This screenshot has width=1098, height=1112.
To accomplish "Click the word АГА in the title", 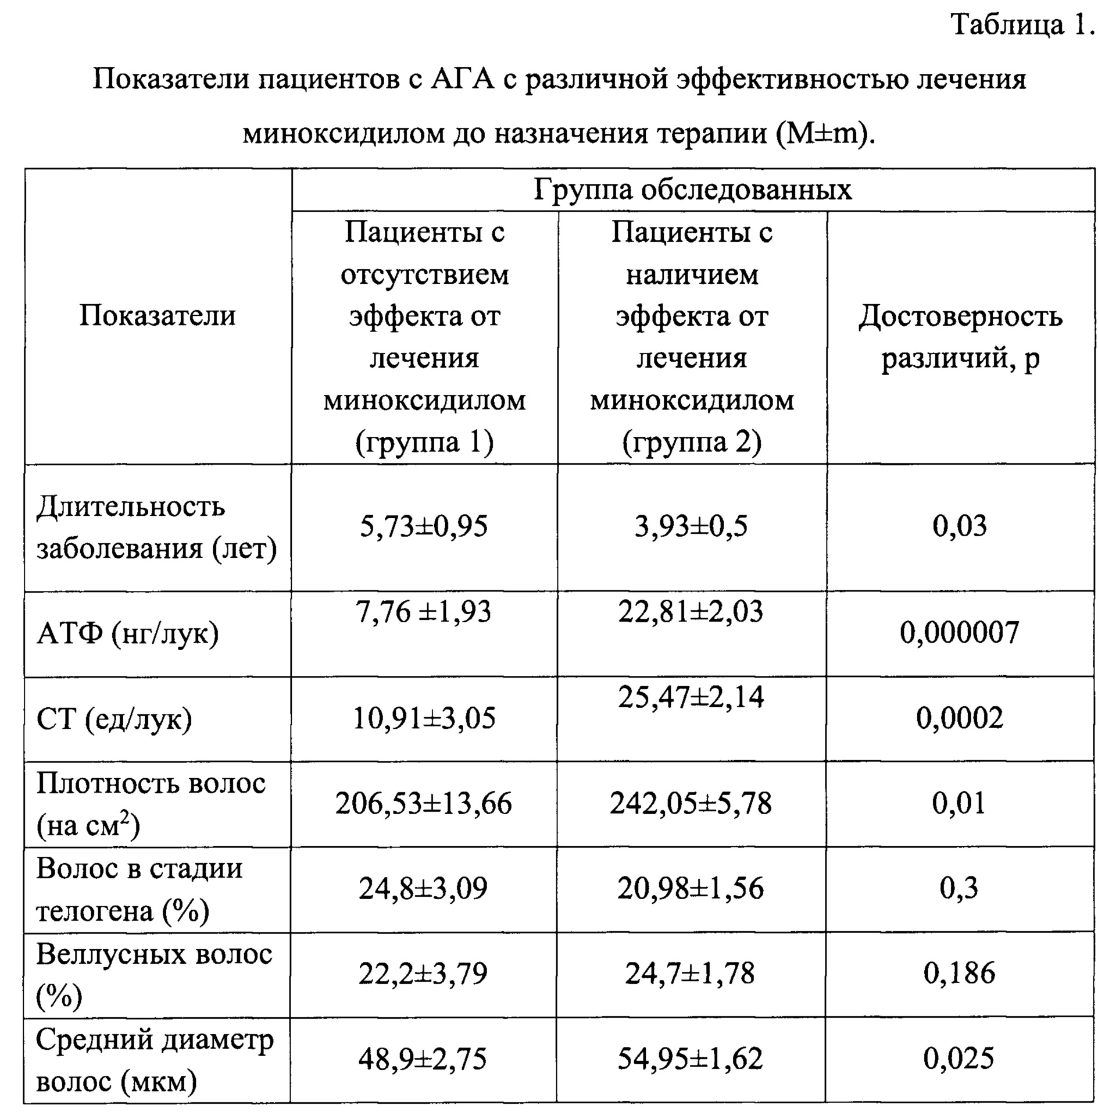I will click(x=462, y=79).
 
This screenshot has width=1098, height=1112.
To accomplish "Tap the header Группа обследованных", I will click(x=692, y=190).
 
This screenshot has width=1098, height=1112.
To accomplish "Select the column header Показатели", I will click(x=158, y=316).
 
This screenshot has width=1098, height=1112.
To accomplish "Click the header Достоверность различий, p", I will click(x=960, y=337).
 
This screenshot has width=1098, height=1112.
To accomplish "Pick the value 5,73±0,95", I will click(x=424, y=526).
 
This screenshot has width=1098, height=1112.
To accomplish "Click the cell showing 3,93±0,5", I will click(x=691, y=526).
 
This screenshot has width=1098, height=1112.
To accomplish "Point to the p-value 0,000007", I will click(x=960, y=633).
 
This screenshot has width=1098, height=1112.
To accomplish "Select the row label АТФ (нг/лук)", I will click(x=128, y=633).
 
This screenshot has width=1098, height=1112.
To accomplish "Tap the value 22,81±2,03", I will click(x=691, y=612).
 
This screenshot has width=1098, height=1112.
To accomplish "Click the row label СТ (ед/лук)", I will click(x=114, y=719).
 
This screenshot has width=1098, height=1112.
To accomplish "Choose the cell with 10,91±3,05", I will click(x=424, y=719).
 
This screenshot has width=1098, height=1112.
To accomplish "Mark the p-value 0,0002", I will click(x=960, y=719).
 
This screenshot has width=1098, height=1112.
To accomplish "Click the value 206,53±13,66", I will click(x=424, y=804).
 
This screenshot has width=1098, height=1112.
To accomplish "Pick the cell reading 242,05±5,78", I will click(x=691, y=804).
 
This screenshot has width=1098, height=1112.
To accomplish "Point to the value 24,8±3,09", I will click(x=423, y=889).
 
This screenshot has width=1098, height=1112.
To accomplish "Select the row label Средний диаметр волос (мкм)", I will click(x=154, y=1060).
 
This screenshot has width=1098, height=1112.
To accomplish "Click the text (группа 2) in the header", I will click(x=692, y=443).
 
